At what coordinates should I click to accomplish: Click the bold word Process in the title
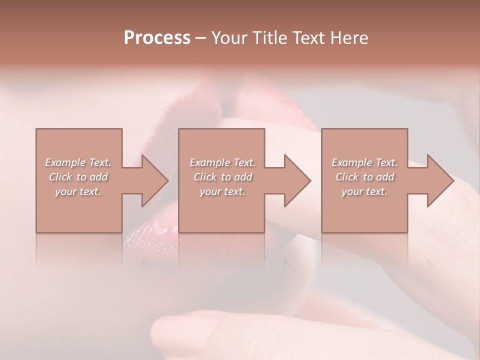[157, 38]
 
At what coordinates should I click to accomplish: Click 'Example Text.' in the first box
[78, 162]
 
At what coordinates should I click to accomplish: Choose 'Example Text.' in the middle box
[222, 162]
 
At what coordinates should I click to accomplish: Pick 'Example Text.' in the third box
[364, 162]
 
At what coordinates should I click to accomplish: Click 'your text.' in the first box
[78, 191]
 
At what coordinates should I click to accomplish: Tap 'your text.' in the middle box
[222, 191]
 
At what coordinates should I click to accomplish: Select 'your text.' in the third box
[364, 191]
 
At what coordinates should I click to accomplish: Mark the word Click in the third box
[347, 177]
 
